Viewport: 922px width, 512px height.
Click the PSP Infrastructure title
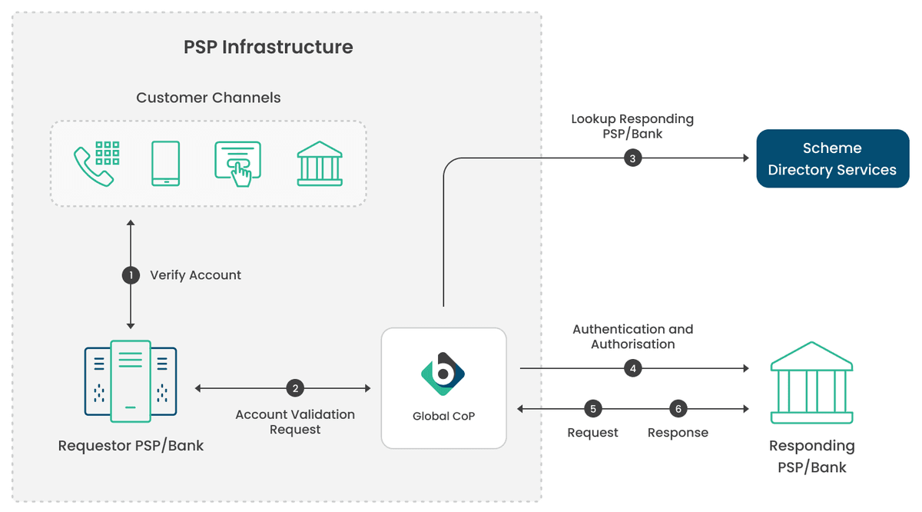click(268, 47)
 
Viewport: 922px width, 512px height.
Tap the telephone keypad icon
click(96, 163)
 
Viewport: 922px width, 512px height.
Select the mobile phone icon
click(165, 163)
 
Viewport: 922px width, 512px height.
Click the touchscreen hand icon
click(237, 164)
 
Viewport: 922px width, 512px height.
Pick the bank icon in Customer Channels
click(320, 163)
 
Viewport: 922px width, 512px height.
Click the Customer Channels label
click(208, 98)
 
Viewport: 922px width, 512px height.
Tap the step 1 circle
click(131, 275)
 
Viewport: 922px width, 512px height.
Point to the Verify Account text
click(195, 275)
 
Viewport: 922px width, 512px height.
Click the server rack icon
click(131, 382)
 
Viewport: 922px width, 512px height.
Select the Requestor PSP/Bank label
click(131, 446)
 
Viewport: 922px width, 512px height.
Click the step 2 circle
click(295, 388)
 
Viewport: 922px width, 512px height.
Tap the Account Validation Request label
click(295, 421)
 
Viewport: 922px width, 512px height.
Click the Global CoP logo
click(443, 374)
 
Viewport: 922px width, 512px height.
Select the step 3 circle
click(632, 158)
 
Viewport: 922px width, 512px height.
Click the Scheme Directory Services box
click(832, 158)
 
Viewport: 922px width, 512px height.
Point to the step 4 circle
click(632, 368)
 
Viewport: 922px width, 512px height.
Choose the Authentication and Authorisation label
click(632, 337)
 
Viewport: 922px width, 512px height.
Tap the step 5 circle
click(592, 409)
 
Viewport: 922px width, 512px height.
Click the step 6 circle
click(678, 409)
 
